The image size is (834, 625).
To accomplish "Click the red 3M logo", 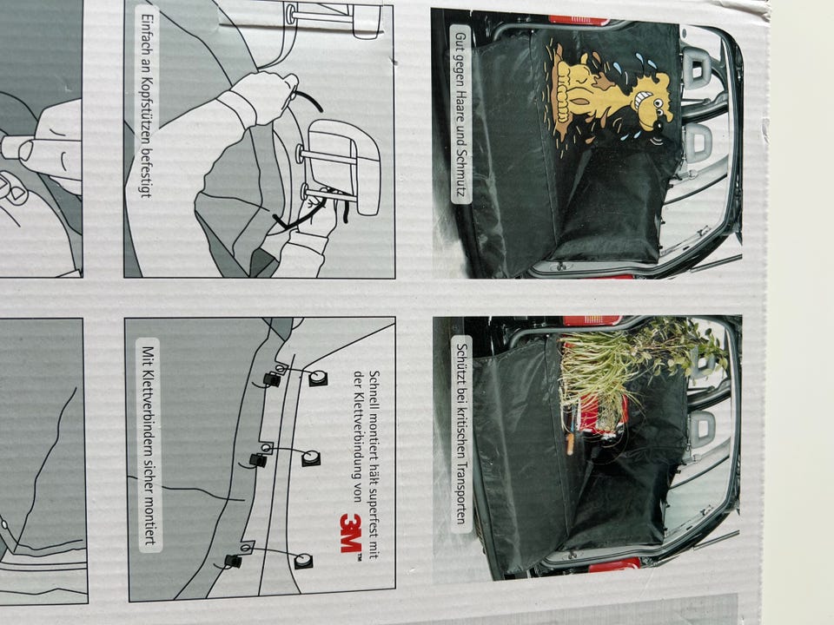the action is [351, 534].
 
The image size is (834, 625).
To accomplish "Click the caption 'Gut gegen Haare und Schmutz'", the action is [460, 114].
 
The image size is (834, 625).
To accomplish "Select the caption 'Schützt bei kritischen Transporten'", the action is [461, 433].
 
